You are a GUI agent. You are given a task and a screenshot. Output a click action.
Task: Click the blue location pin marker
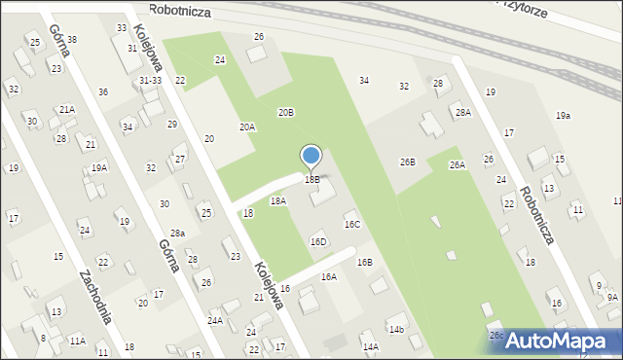311,157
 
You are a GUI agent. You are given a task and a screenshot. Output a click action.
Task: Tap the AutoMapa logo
554,341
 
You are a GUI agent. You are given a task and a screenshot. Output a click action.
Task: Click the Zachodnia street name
95,296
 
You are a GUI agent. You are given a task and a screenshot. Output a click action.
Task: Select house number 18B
311,180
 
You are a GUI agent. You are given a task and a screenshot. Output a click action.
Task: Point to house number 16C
351,225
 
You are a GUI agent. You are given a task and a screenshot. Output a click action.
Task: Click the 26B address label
407,162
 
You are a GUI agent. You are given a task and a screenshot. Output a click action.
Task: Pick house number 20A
247,127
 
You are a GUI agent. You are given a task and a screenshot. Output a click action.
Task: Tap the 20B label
285,113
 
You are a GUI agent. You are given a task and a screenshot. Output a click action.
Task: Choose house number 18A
277,200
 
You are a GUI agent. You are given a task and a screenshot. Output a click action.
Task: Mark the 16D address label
318,241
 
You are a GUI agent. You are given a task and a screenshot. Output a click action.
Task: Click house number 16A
329,277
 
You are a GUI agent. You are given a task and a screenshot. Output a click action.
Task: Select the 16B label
364,263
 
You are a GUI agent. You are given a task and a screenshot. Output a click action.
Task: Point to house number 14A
370,346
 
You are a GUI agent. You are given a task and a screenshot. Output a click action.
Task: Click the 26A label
457,165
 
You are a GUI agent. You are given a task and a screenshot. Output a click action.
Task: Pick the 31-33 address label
150,80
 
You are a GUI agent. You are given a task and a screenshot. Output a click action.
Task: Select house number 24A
215,320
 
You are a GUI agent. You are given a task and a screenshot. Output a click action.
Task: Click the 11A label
77,341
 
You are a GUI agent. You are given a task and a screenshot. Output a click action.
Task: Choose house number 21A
66,110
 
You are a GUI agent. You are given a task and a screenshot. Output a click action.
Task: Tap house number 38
71,40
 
